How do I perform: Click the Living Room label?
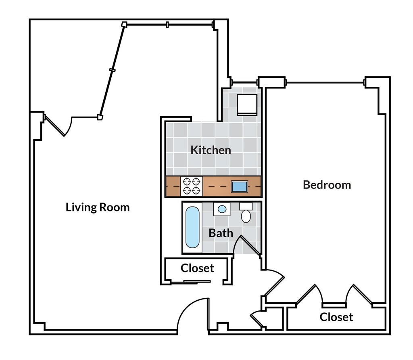[x=98, y=207]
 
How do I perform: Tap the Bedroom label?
[x=327, y=185]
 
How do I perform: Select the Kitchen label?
[x=211, y=150]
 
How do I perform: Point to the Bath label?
[x=221, y=233]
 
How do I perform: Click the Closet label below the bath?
[x=197, y=268]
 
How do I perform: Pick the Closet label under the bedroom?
[x=336, y=317]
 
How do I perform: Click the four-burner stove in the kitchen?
[x=192, y=186]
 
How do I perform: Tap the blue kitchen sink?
[x=240, y=186]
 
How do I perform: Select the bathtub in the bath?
[x=192, y=227]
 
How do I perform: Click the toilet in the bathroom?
[x=246, y=213]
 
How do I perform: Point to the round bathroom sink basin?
[x=222, y=209]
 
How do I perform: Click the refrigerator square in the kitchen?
[x=247, y=105]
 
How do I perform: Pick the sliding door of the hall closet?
[x=191, y=282]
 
